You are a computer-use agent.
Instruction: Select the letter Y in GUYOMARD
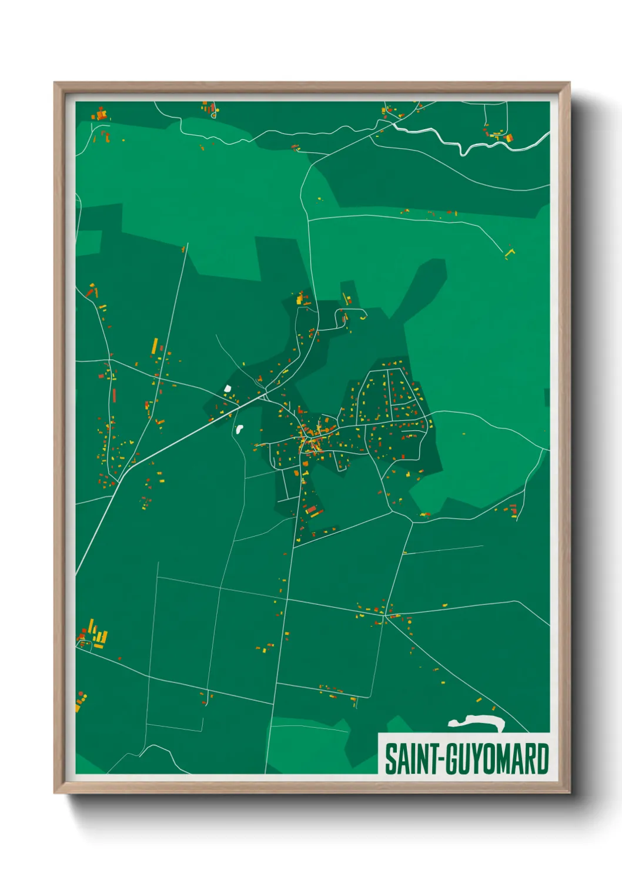pyautogui.click(x=474, y=759)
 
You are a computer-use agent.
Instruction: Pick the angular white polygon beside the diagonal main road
pyautogui.click(x=227, y=389)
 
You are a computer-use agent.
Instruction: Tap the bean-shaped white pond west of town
pyautogui.click(x=239, y=429)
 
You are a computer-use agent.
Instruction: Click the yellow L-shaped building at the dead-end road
pyautogui.click(x=509, y=252)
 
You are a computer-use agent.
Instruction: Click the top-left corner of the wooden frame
pyautogui.click(x=56, y=84)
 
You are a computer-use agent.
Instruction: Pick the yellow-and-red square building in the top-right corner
pyautogui.click(x=509, y=138)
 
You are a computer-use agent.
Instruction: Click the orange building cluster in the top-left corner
pyautogui.click(x=101, y=115)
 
